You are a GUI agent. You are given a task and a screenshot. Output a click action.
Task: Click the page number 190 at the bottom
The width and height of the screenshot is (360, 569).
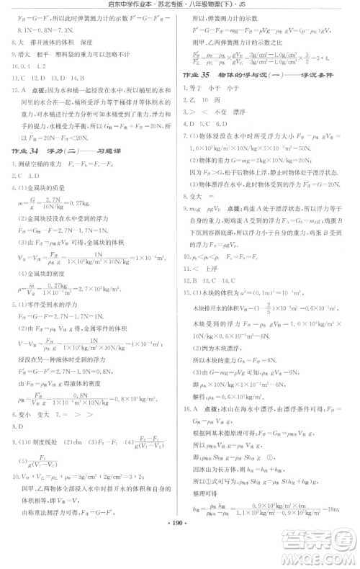tap(179, 557)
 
